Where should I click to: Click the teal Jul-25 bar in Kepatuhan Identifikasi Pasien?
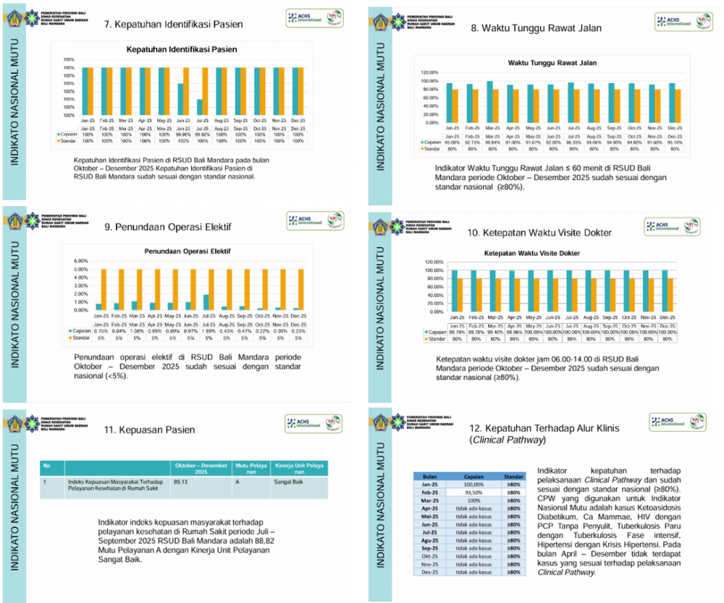tap(199, 108)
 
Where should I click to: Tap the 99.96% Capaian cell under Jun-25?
tap(182, 134)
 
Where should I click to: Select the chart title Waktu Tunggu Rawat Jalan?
tap(552, 64)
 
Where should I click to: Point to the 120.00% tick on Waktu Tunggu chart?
tap(429, 72)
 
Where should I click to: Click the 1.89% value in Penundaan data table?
tap(208, 331)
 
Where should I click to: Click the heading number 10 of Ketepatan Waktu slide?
tap(473, 233)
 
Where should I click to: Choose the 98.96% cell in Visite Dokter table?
tap(514, 332)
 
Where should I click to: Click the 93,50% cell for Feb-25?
tap(474, 492)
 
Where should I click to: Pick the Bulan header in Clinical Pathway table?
tap(430, 477)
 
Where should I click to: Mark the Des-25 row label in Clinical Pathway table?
tap(430, 572)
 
